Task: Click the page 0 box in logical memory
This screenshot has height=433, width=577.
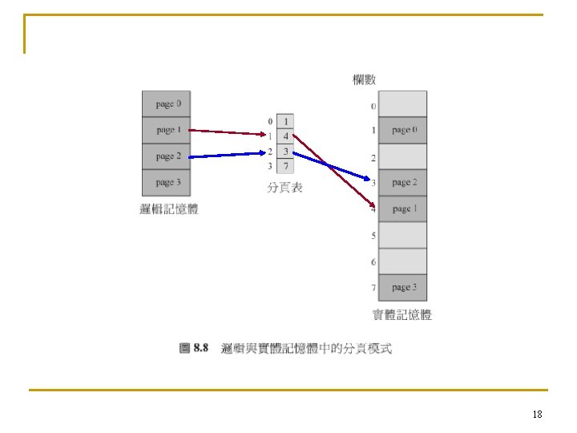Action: pos(166,104)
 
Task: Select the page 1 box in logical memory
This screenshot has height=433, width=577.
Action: pos(166,130)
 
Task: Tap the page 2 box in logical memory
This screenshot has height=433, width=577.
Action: pos(166,156)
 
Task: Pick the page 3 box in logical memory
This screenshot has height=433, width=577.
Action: pos(166,183)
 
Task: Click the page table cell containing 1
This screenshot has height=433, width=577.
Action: pos(286,121)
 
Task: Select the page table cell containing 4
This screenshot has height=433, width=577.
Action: pos(286,136)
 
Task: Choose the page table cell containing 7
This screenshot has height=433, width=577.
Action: pos(286,166)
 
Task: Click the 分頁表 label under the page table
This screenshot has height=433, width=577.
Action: pos(284,188)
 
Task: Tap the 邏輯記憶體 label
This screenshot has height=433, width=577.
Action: pos(168,210)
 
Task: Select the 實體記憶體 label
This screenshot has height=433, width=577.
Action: pos(402,315)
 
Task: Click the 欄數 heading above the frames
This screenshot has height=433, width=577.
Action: pos(365,79)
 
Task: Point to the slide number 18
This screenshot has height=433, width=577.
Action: pos(537,415)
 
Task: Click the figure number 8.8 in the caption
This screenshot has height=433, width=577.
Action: pos(200,349)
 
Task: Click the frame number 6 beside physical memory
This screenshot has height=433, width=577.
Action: pos(373,262)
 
